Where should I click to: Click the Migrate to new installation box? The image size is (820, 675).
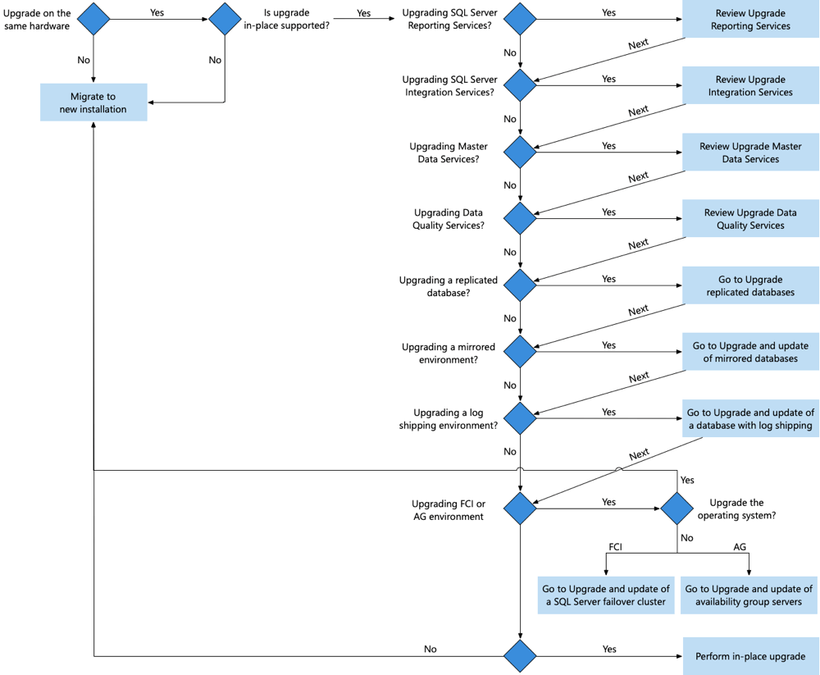[93, 103]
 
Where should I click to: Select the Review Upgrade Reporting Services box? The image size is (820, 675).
[750, 20]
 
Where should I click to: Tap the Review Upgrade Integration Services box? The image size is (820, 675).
[750, 86]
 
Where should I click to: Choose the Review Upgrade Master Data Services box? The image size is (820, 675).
[750, 153]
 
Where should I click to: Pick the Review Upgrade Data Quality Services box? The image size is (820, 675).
[750, 219]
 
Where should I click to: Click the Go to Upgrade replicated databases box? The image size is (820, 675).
[750, 285]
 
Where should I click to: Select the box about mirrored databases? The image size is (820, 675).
[750, 352]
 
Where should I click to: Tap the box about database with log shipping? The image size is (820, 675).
[750, 418]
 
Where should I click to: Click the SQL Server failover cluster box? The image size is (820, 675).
[606, 595]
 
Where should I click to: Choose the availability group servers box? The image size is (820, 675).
[749, 595]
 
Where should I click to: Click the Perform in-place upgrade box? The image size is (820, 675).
[750, 656]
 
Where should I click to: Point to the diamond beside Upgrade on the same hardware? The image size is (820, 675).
[93, 19]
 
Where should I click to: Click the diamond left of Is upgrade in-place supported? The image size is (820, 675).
[224, 19]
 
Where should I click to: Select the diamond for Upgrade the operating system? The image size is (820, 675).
[677, 509]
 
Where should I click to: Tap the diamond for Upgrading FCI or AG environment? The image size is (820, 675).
[520, 509]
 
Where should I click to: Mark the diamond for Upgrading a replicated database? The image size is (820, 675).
[520, 285]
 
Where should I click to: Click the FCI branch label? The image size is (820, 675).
[615, 546]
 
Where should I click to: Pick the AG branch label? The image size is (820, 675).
[740, 546]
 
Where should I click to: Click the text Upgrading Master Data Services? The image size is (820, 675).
[448, 153]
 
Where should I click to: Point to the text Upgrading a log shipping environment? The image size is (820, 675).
[449, 419]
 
